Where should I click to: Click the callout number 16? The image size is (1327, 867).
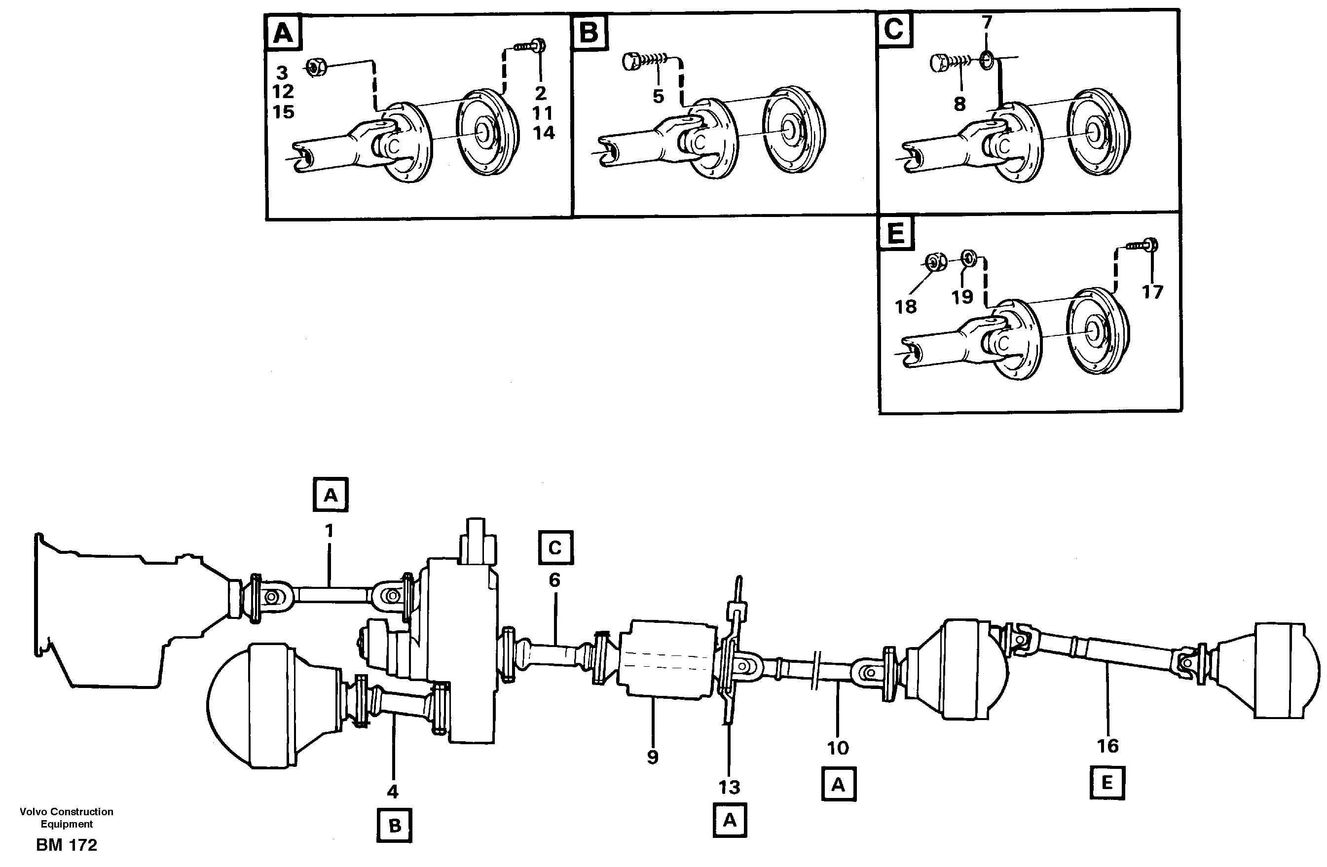(1107, 746)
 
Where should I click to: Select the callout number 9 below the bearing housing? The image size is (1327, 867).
(652, 757)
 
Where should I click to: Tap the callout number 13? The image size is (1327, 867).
(729, 787)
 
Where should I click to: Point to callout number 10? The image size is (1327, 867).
(838, 748)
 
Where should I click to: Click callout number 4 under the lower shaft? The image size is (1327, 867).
(393, 791)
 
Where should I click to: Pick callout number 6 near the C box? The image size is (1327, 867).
(554, 580)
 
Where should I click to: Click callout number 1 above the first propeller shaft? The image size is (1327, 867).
(329, 530)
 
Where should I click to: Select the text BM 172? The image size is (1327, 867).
(66, 845)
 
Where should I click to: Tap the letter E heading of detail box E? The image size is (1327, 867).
(895, 233)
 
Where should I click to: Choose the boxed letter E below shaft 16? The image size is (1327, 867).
(1107, 783)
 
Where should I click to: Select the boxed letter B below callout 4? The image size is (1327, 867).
(394, 826)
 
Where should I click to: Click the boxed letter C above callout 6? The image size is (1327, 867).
(555, 547)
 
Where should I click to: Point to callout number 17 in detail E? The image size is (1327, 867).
(1152, 291)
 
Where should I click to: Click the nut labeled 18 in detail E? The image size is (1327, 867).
(934, 261)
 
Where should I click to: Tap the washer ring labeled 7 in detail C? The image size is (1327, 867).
(986, 59)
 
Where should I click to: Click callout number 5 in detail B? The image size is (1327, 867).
(659, 97)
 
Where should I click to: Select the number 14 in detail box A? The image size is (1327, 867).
(544, 133)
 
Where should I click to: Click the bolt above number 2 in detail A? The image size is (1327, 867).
(533, 46)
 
